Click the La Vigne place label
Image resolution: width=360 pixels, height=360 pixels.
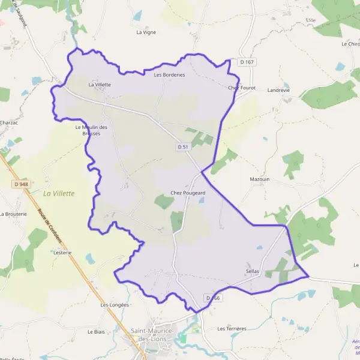click(146, 32)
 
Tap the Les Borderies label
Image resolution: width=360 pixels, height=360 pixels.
click(169, 75)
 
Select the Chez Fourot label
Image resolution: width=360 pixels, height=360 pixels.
click(242, 88)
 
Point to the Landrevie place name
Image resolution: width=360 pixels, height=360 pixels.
click(278, 90)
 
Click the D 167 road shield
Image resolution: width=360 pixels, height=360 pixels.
click(247, 62)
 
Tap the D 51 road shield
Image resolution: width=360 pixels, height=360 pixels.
click(184, 146)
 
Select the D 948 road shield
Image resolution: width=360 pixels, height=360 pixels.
click(20, 184)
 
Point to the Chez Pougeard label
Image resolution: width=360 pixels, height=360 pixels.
click(188, 193)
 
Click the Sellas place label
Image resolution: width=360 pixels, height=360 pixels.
click(252, 271)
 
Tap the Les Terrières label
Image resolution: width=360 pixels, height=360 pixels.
click(232, 329)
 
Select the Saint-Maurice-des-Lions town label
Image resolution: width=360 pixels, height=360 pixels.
click(152, 335)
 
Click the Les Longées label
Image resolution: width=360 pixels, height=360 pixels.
click(115, 305)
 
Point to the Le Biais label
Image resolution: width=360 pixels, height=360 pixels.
click(96, 331)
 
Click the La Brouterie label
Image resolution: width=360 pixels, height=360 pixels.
click(13, 214)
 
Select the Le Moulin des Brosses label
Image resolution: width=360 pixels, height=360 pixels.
click(91, 130)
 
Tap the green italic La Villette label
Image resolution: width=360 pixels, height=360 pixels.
click(59, 193)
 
